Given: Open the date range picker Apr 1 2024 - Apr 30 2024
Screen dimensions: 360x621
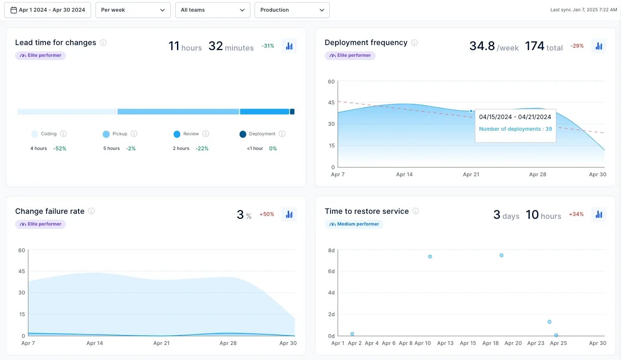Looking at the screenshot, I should click(x=48, y=10).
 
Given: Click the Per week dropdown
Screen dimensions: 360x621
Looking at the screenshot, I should click(x=133, y=10).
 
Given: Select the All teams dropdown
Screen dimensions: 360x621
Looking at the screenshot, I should click(x=212, y=10).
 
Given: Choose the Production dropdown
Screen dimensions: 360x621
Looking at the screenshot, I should click(x=292, y=10).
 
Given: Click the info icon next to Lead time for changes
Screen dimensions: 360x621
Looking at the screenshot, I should click(x=103, y=43).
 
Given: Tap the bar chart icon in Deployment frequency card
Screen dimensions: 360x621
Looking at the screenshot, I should click(x=599, y=46).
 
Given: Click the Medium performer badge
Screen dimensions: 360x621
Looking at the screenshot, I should click(x=354, y=224).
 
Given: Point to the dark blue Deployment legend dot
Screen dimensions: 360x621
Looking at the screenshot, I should click(x=243, y=134).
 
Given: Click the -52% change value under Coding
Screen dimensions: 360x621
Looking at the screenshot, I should click(x=60, y=149).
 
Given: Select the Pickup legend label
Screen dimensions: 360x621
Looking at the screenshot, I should click(x=120, y=134).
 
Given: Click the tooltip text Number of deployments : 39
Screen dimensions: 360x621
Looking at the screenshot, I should click(x=515, y=129).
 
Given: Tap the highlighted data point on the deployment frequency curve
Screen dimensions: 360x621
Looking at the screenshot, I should click(x=471, y=111).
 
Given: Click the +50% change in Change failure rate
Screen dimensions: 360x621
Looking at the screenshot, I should click(x=267, y=214).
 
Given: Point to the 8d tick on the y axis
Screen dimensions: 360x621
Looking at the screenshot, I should click(x=331, y=251).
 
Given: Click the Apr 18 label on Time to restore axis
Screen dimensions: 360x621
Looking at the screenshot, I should click(x=490, y=343).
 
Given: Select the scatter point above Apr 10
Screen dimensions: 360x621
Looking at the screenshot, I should click(x=430, y=257).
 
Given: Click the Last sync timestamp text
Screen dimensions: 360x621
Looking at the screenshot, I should click(x=583, y=10).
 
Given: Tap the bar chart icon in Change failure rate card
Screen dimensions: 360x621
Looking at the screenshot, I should click(x=289, y=215).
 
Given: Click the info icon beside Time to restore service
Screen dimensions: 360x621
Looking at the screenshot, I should click(x=416, y=211).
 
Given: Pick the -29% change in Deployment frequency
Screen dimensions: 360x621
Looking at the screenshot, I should click(x=577, y=46).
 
